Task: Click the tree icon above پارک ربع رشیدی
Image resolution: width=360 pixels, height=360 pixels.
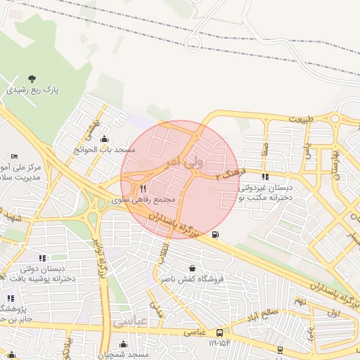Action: (31, 78)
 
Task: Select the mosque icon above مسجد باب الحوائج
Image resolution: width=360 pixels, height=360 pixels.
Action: (105, 139)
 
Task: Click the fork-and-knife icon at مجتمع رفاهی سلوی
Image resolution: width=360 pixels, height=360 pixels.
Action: (143, 188)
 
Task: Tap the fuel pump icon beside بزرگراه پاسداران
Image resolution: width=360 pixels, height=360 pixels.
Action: (214, 234)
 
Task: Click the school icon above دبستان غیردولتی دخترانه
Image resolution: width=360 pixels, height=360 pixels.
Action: (265, 176)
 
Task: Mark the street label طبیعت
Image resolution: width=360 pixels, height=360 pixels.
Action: (300, 118)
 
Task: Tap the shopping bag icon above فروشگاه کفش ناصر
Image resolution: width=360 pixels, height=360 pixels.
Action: (193, 268)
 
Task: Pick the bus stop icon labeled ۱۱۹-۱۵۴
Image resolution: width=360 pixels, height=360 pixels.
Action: (220, 332)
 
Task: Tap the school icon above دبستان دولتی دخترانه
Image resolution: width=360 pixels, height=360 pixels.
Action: (43, 258)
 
